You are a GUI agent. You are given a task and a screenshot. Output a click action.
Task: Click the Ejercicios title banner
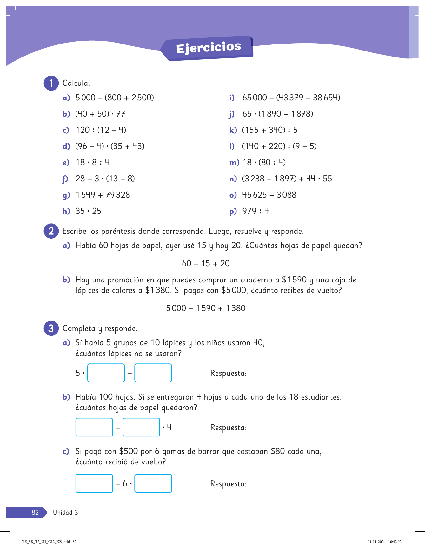[x=208, y=48]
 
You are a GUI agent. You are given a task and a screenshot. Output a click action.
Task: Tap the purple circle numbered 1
[x=51, y=83]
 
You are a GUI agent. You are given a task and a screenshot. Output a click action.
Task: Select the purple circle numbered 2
[x=51, y=231]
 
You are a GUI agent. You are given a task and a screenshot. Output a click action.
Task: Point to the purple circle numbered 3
[x=51, y=328]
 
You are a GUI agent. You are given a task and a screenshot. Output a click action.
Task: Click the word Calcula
[x=76, y=83]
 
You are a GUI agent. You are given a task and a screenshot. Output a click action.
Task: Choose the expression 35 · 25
[x=88, y=211]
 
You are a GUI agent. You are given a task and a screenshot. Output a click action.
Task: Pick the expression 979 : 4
[x=256, y=211]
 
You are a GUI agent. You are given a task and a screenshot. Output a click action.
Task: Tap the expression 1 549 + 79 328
[x=103, y=195]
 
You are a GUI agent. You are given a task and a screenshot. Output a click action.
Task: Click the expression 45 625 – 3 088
[x=269, y=195]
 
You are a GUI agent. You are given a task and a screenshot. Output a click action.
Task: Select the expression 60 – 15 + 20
[x=206, y=263]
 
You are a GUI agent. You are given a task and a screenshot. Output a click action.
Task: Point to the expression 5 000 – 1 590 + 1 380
[x=206, y=308]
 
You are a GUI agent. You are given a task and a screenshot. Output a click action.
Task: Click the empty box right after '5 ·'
[x=106, y=373]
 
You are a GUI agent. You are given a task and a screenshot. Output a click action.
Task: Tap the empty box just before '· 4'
[x=141, y=427]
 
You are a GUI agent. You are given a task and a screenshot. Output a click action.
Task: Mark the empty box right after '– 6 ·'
[x=153, y=483]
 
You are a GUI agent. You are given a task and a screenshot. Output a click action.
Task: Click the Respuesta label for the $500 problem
[x=229, y=484]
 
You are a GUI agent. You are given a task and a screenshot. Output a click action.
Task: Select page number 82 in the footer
[x=35, y=512]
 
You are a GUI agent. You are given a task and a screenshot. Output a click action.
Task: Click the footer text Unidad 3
[x=65, y=512]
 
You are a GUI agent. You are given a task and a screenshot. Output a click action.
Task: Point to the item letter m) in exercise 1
[x=234, y=163]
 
